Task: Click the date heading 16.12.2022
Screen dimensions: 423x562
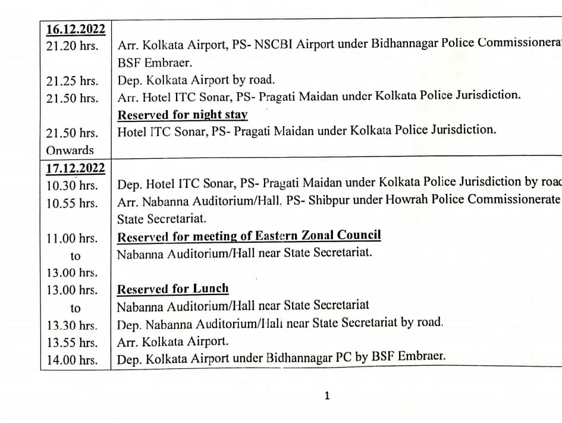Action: [x=76, y=29]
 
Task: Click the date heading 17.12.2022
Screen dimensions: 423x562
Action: [x=76, y=168]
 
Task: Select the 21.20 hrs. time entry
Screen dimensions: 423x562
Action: [x=73, y=46]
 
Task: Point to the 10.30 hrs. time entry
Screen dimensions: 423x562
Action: [x=73, y=186]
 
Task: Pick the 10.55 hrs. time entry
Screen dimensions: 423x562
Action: [x=73, y=203]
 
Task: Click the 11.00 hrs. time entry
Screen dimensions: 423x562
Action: [x=73, y=238]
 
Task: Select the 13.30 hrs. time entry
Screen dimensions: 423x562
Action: [x=73, y=325]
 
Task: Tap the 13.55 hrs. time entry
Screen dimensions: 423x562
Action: [x=73, y=343]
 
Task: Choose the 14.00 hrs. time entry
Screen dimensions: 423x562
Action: [x=73, y=360]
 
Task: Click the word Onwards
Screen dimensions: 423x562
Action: [x=70, y=150]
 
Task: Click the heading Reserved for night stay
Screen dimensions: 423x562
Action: [x=182, y=115]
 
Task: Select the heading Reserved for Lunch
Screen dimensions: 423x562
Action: [x=172, y=289]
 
